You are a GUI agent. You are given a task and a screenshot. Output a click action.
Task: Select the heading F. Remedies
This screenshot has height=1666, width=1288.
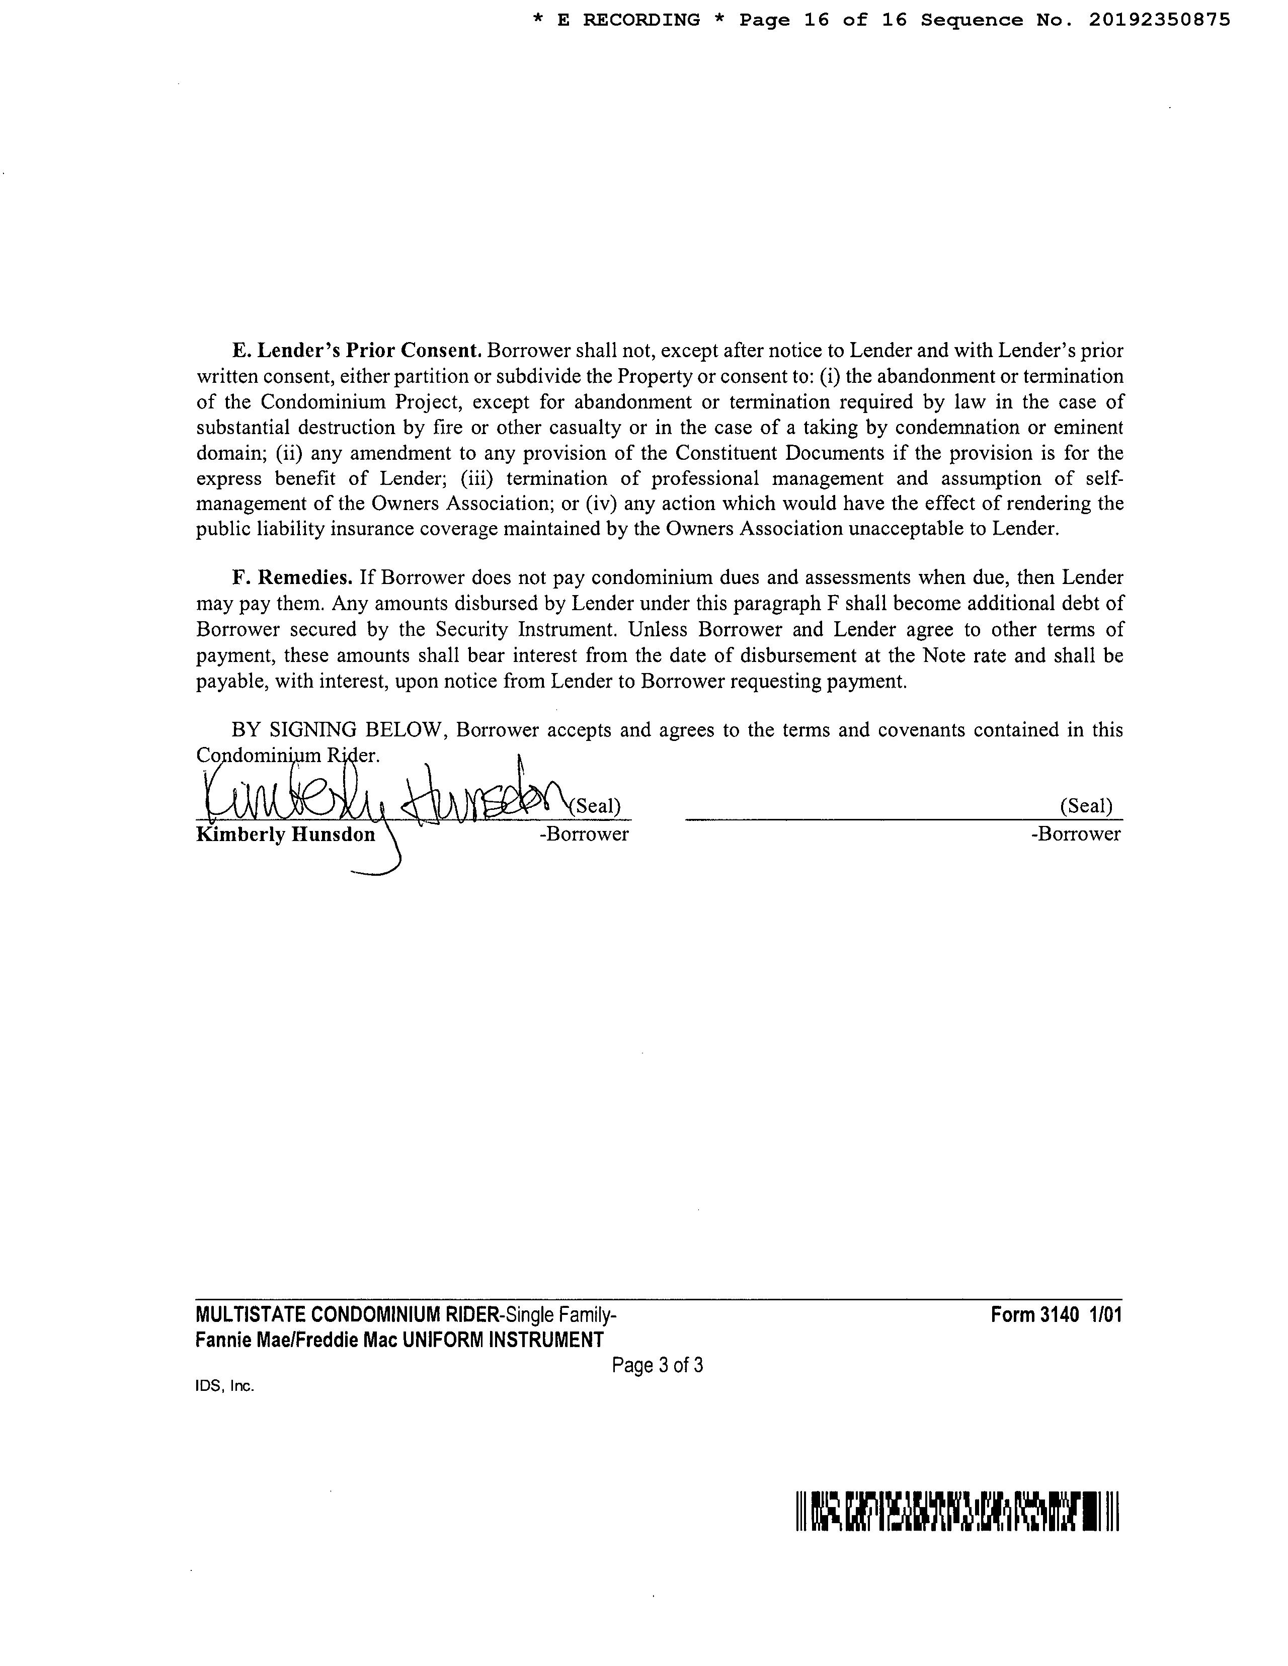tap(292, 577)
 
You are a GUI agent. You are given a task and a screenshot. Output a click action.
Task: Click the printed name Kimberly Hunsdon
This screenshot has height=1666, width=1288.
tap(286, 835)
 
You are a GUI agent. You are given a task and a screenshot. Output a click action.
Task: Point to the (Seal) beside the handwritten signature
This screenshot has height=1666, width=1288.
tap(595, 805)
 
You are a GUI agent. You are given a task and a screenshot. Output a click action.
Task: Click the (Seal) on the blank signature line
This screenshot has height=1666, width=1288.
tap(1086, 805)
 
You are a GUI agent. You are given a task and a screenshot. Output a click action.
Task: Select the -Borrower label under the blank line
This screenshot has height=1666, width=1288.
tap(1075, 834)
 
